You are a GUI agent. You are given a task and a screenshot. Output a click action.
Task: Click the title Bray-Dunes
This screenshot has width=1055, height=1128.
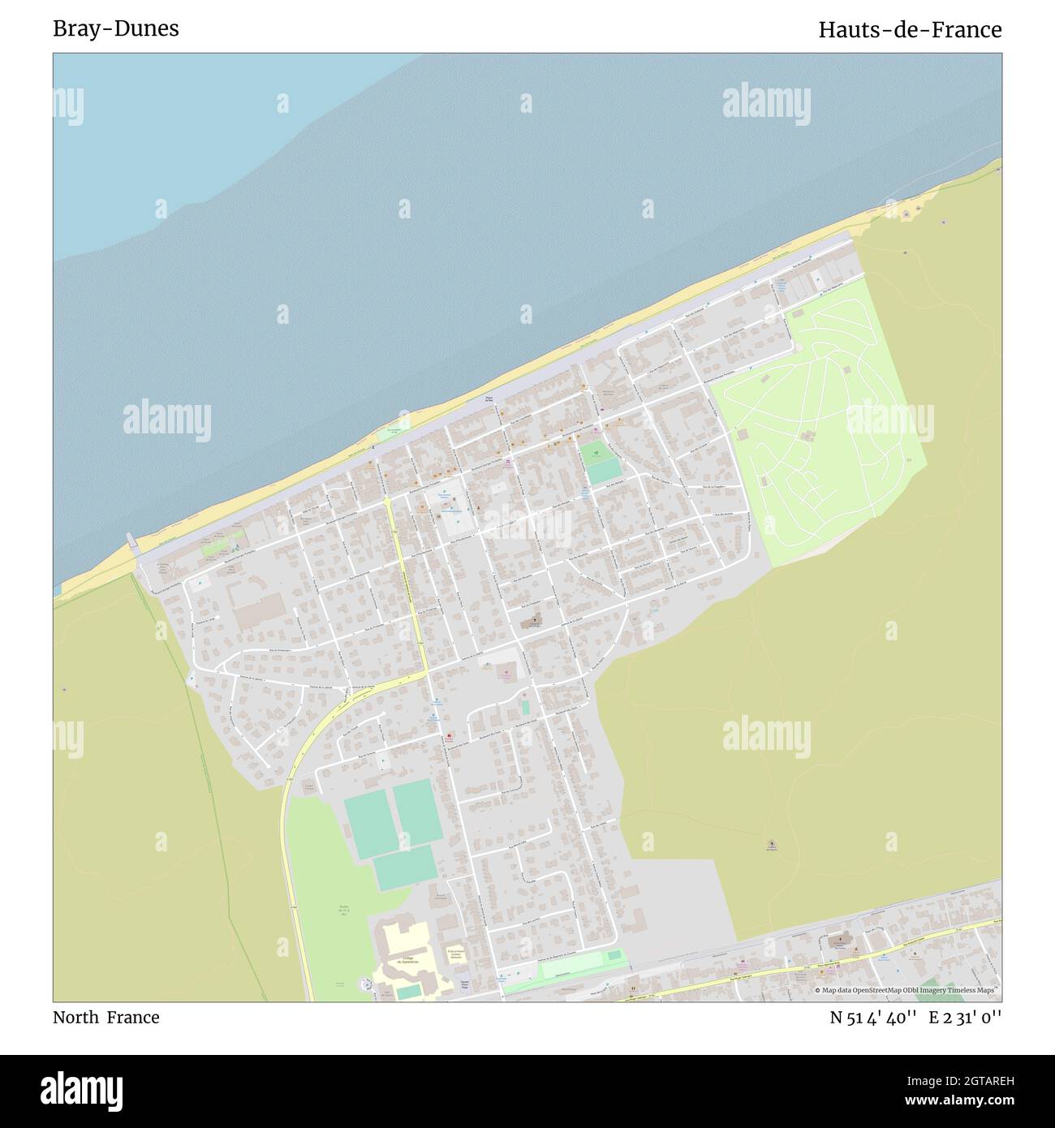(x=116, y=28)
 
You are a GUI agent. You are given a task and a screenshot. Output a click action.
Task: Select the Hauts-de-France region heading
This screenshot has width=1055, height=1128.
(x=909, y=30)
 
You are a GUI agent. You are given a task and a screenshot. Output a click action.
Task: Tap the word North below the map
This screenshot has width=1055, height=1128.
(x=76, y=1017)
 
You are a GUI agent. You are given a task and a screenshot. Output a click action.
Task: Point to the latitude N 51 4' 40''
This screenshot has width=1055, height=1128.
(x=873, y=1017)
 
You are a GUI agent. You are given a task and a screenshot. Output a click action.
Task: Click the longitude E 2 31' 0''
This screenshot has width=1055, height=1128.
(x=965, y=1017)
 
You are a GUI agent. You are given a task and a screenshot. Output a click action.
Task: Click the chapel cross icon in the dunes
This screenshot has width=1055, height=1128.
(x=770, y=844)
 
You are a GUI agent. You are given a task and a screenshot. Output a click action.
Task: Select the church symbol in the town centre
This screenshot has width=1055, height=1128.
(x=533, y=622)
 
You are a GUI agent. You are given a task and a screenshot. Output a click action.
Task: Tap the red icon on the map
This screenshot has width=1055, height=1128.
(x=448, y=737)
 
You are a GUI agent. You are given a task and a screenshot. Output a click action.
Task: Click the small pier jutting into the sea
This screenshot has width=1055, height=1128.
(x=131, y=540)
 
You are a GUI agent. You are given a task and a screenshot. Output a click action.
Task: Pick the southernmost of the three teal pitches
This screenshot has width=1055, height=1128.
(x=404, y=868)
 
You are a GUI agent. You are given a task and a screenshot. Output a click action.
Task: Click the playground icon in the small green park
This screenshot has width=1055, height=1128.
(x=596, y=452)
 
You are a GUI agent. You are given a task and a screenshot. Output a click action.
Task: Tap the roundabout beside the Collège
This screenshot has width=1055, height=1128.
(x=367, y=985)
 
